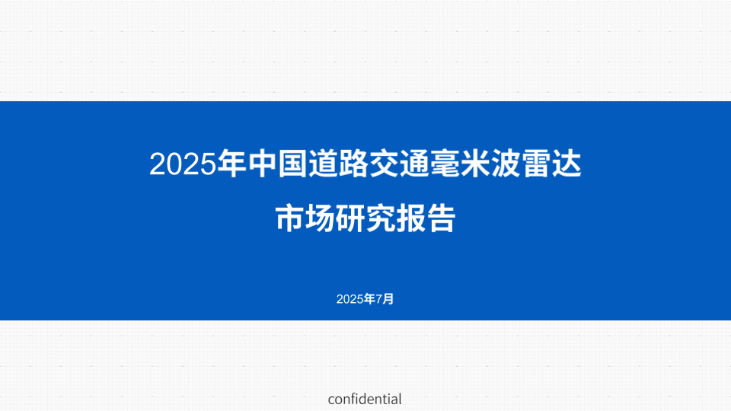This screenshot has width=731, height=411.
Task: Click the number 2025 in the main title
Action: point(184,164)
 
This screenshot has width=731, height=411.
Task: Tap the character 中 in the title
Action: point(263,164)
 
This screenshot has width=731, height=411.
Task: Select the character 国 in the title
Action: point(293,164)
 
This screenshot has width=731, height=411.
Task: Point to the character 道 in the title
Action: point(324,164)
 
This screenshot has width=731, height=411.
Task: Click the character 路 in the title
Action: point(354,164)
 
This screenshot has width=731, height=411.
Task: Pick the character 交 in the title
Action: point(385,164)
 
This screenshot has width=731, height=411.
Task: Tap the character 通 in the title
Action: point(415,164)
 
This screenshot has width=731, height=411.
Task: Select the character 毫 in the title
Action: point(445,164)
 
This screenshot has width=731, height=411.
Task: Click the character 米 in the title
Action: point(475,164)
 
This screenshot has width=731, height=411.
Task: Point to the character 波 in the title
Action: point(506,164)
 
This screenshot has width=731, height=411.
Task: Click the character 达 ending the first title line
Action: point(567,164)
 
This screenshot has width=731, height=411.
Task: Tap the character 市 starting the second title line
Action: point(289,218)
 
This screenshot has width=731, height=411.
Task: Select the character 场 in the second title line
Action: point(320,218)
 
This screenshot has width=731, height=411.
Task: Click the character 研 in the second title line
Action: point(350,218)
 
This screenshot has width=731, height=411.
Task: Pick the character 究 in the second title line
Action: point(381,218)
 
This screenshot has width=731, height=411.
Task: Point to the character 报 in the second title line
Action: point(410,218)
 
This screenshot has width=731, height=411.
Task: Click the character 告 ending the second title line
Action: point(441,218)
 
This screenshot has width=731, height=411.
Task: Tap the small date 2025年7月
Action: point(365,299)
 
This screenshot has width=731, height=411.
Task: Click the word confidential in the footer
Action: point(365,400)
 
